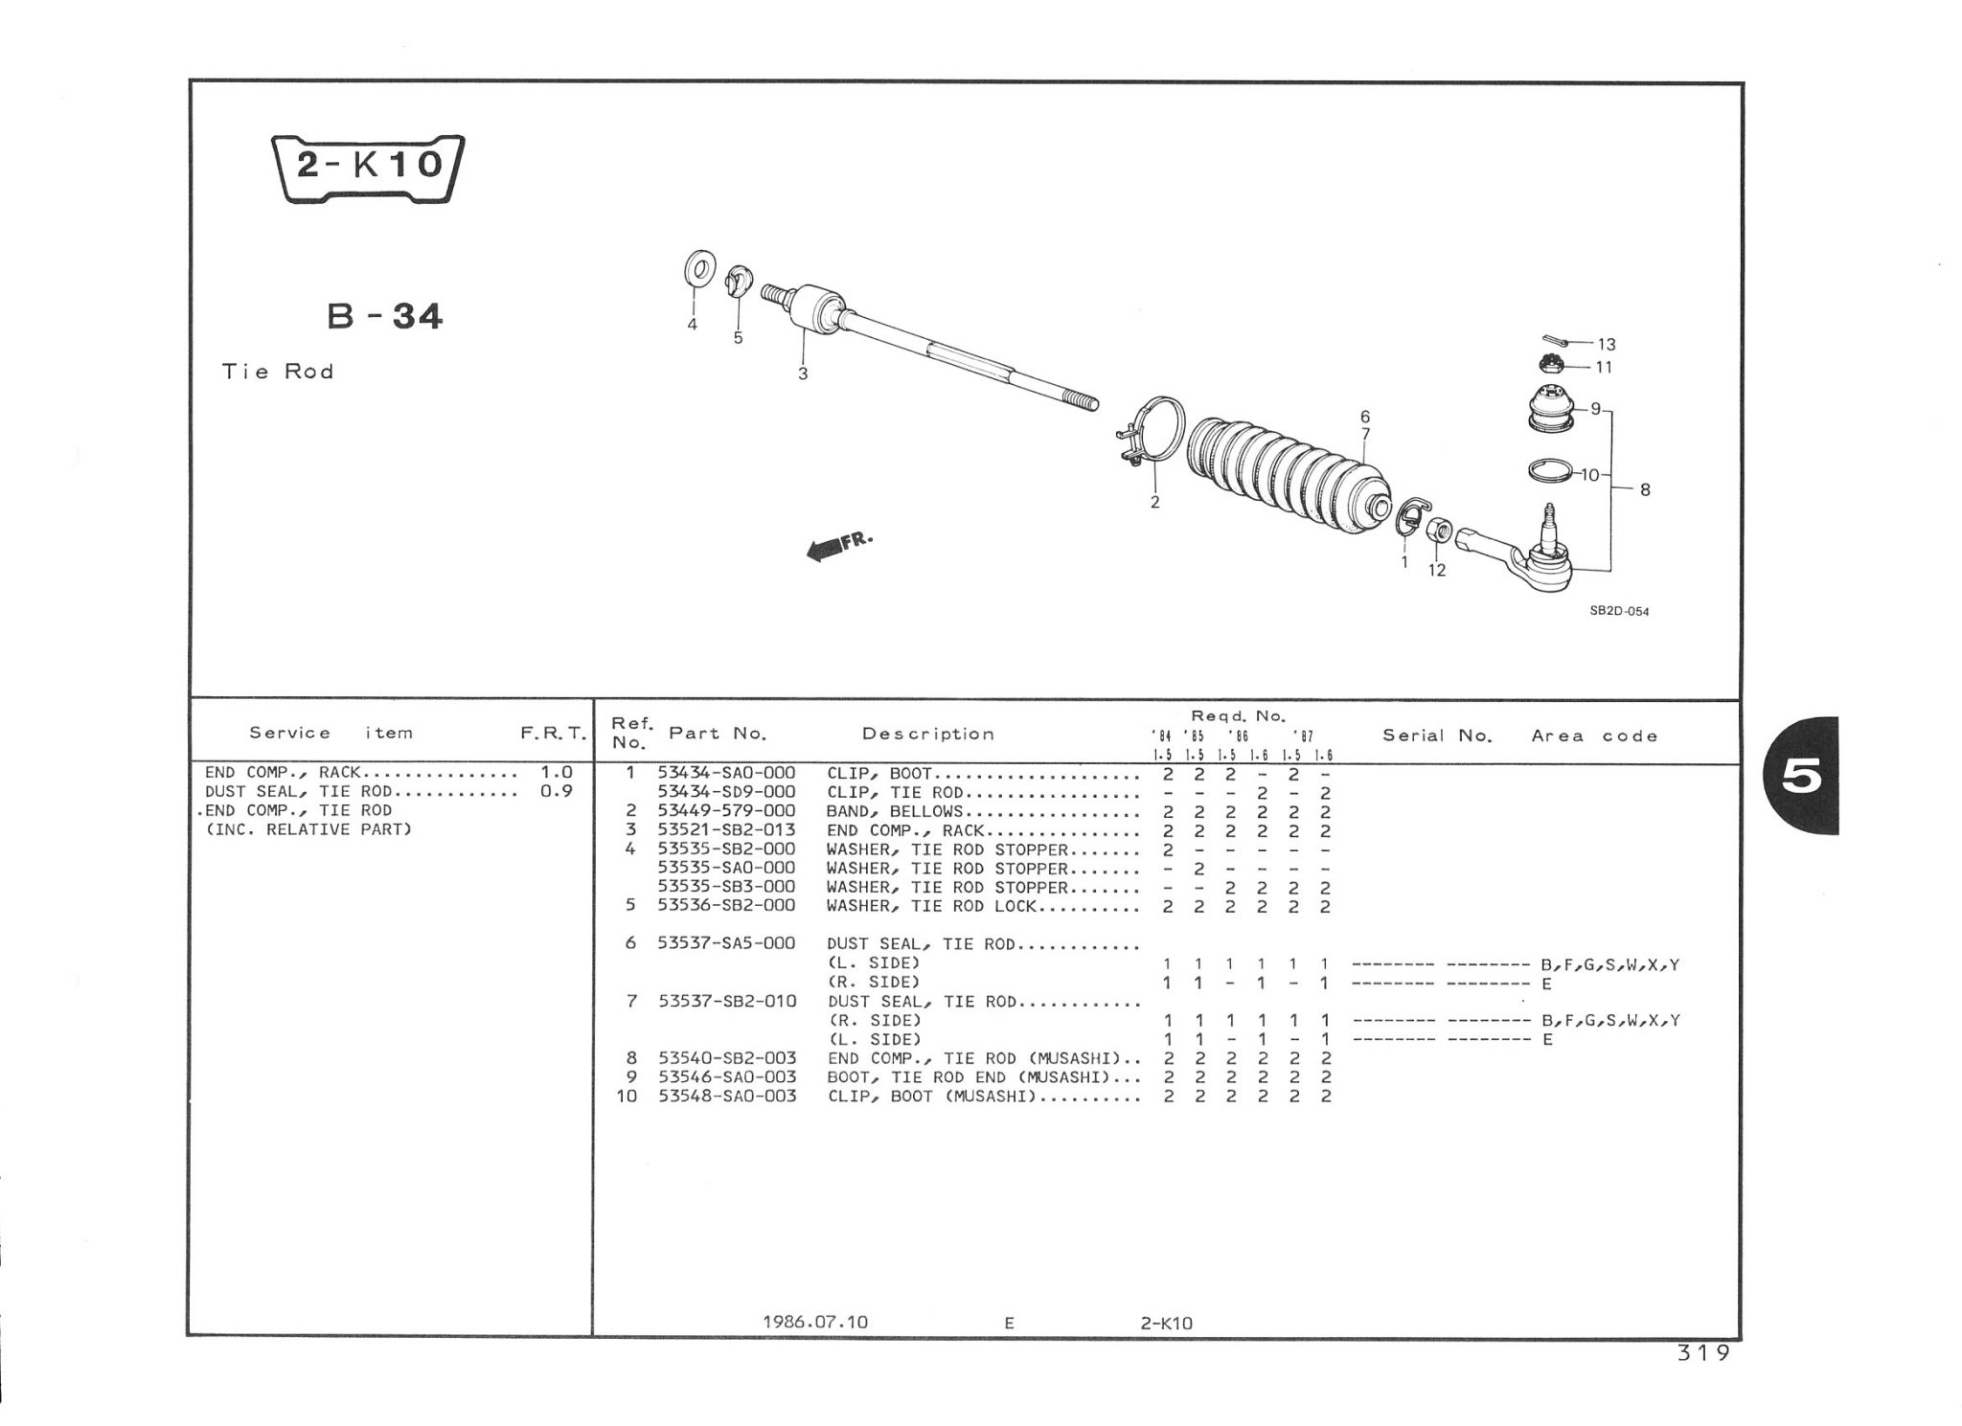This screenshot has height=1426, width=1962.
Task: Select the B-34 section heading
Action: coord(385,315)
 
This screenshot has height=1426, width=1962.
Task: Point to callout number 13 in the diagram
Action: coord(1607,345)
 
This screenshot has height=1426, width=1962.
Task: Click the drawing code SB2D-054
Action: coord(1620,611)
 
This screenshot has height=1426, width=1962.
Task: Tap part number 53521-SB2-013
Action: coord(726,830)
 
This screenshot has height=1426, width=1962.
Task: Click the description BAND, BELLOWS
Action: coord(894,812)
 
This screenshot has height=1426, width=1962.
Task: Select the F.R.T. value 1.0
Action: coord(557,772)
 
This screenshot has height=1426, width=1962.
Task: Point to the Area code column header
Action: coord(1594,736)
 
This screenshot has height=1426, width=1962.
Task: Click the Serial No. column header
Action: coord(1437,736)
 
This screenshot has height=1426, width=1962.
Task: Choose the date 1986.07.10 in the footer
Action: coord(815,1322)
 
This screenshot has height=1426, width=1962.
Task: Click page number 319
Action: coord(1703,1353)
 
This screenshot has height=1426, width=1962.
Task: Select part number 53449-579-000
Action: coord(726,811)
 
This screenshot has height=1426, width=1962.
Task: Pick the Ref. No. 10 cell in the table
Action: coord(627,1096)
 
